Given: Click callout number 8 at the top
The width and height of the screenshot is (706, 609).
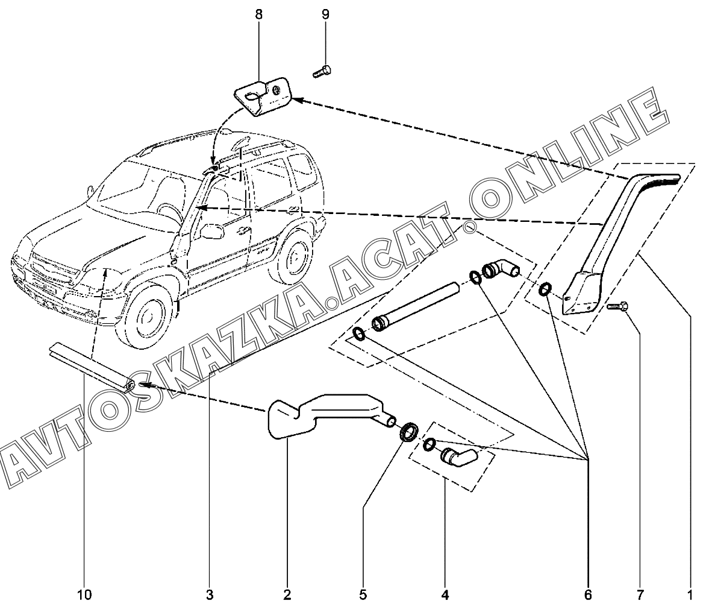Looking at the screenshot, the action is pos(258,14).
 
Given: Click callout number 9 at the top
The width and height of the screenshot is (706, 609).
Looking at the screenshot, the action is pos(325,14).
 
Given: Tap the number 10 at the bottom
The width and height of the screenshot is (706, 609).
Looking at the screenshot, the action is pos(84,595).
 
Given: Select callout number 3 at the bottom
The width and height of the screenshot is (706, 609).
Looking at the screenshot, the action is pos(210,595).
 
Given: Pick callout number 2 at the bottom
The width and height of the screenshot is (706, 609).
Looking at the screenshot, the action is pos(287,595).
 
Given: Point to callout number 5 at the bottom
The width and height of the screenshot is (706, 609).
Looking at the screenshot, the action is pos(363,595).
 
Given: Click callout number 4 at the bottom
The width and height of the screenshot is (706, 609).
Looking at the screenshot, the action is pos(445,595).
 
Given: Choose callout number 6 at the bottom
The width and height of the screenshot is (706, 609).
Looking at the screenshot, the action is pos(588,595).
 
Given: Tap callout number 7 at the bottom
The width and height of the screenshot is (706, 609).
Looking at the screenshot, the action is pos(640,595).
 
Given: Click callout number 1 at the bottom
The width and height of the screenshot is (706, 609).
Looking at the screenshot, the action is pos(689,595).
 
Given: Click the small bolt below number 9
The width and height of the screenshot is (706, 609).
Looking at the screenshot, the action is pos(322,71).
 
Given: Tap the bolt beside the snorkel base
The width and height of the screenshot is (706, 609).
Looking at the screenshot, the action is pos(617,306).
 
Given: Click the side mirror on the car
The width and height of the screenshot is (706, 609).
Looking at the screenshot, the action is pos(211,232).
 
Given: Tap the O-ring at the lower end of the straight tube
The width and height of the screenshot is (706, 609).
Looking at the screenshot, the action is pos(359,334).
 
